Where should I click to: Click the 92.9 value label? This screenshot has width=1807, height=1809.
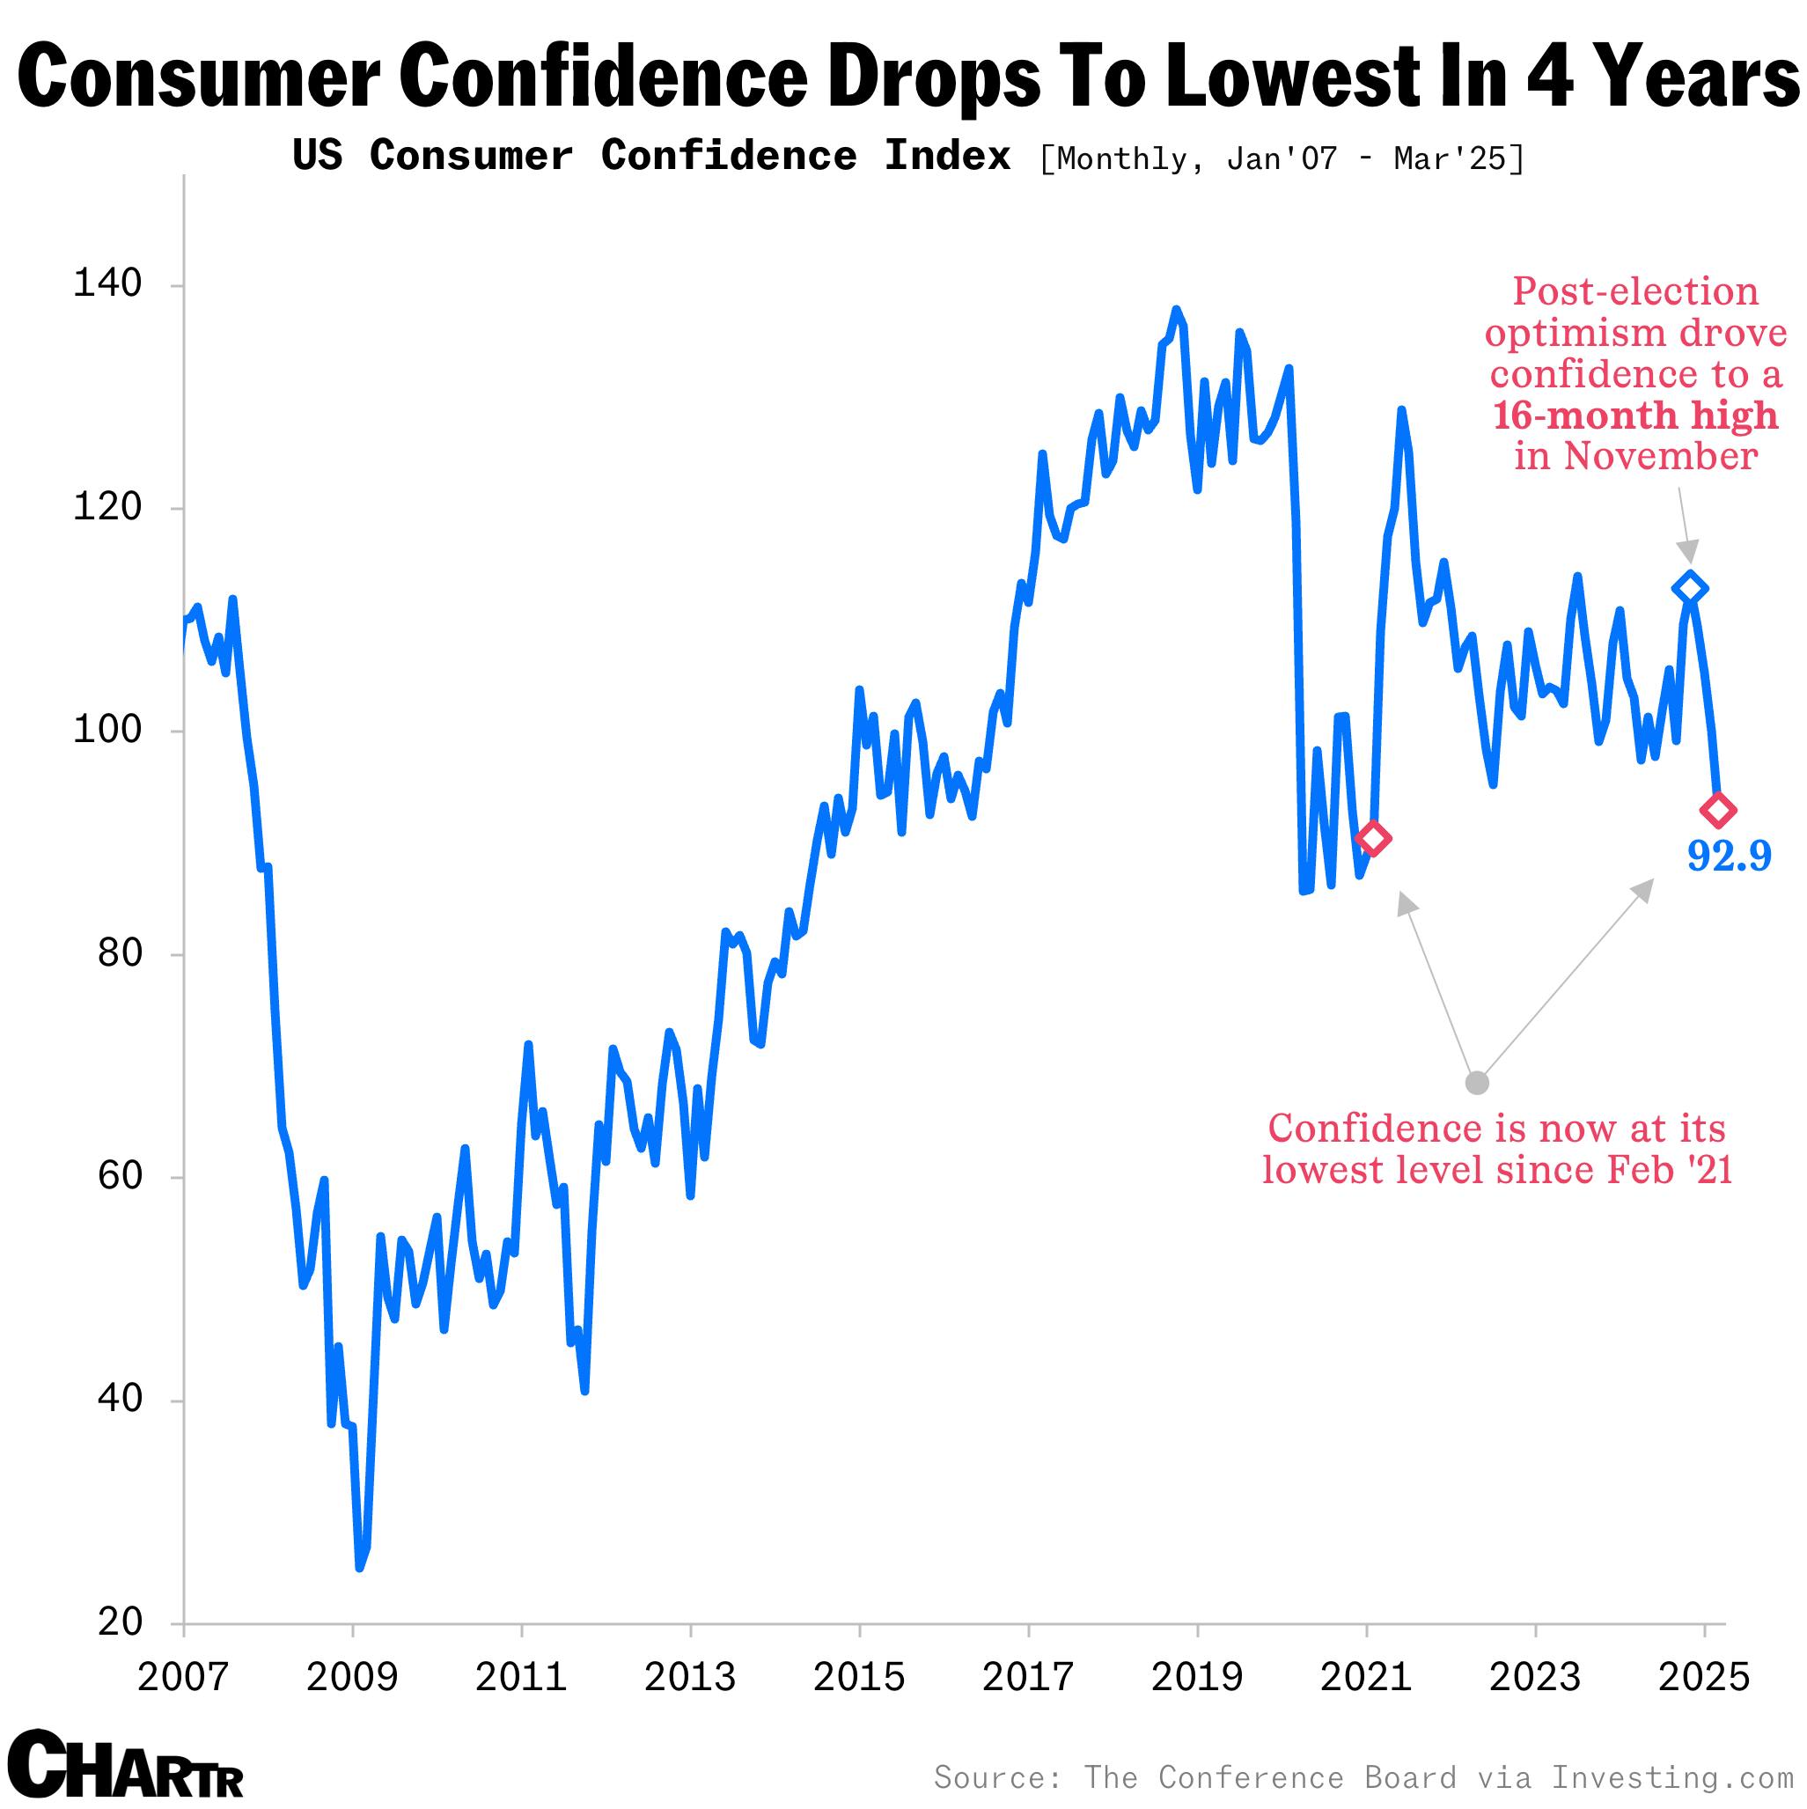tap(1729, 856)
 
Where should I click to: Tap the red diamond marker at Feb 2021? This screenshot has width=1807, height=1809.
tap(1372, 838)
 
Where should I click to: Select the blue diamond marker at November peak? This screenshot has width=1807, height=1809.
tap(1689, 588)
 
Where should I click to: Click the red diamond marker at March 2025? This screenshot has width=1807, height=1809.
tap(1718, 810)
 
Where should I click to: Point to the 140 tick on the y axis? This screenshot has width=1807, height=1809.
tap(107, 283)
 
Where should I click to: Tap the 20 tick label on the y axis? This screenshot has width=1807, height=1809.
tap(119, 1621)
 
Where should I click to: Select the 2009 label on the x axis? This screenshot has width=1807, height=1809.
tap(352, 1677)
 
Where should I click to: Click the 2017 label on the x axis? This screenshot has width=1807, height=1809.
tap(1027, 1677)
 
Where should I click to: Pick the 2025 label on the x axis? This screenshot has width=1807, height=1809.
tap(1703, 1677)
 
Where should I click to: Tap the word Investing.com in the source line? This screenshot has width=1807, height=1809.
tap(1671, 1776)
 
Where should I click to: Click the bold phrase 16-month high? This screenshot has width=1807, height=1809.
tap(1634, 415)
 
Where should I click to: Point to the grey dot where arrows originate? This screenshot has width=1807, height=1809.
tap(1477, 1084)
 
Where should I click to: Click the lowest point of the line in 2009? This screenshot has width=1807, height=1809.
tap(359, 1568)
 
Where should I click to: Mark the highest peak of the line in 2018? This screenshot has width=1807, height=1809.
tap(1176, 309)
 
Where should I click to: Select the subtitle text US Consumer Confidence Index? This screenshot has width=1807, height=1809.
tap(651, 156)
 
